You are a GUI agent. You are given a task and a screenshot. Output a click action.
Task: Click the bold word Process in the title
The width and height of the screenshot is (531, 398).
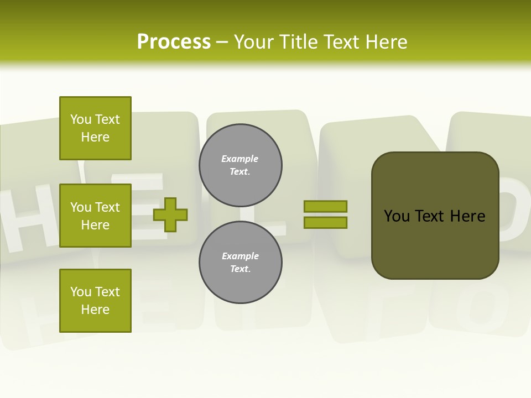point(174,42)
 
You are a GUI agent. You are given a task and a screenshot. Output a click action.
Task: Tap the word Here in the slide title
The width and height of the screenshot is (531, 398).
point(387,42)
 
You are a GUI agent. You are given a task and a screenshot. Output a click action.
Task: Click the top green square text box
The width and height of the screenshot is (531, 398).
point(95,128)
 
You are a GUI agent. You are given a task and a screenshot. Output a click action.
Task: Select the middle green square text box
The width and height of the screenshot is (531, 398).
point(95,216)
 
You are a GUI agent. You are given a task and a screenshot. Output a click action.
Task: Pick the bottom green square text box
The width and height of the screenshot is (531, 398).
point(95,301)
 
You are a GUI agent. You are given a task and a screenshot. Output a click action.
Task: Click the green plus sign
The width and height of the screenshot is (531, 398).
point(170,214)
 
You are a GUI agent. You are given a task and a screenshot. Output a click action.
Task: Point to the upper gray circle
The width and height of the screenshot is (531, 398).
point(240,165)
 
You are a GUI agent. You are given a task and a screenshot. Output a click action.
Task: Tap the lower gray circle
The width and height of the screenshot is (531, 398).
point(240,263)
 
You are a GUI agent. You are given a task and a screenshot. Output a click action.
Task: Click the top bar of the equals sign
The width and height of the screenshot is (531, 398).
point(325,206)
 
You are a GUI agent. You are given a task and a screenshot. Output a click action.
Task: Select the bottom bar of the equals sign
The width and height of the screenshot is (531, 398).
point(325,222)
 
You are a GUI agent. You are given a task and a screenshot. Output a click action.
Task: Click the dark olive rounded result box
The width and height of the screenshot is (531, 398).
point(435,216)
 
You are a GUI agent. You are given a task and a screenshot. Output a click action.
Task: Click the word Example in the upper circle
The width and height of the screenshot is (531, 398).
point(240,159)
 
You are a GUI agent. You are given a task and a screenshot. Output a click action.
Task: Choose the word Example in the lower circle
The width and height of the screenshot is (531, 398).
point(240,256)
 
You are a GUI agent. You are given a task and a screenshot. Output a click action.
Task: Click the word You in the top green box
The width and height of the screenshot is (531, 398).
point(81,119)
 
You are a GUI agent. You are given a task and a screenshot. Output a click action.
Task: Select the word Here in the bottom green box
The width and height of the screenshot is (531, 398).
point(95,310)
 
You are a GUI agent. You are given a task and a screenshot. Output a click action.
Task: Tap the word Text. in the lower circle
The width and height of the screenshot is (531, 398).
point(240,269)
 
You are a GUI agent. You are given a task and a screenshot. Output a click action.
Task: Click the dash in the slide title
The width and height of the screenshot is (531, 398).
point(222,42)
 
